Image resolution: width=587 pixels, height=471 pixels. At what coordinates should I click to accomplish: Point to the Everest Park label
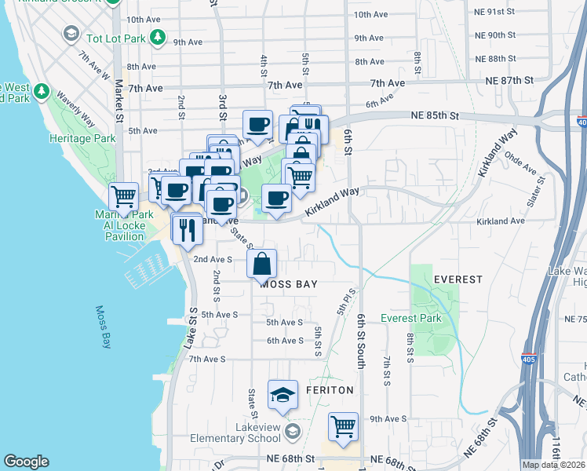tap(410, 318)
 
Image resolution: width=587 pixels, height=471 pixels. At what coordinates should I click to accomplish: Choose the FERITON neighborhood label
tap(330, 389)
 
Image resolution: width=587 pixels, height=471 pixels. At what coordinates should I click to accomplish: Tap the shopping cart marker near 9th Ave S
tap(343, 427)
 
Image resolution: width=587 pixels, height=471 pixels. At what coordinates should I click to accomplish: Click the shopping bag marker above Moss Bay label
tap(262, 265)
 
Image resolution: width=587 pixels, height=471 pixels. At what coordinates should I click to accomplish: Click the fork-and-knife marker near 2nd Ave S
tap(187, 229)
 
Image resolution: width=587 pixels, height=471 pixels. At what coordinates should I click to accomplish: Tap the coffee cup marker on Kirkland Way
tap(275, 199)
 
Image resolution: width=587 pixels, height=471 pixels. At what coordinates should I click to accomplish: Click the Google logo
tap(26, 462)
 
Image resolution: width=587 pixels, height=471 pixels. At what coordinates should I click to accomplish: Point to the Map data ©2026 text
tap(553, 465)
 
